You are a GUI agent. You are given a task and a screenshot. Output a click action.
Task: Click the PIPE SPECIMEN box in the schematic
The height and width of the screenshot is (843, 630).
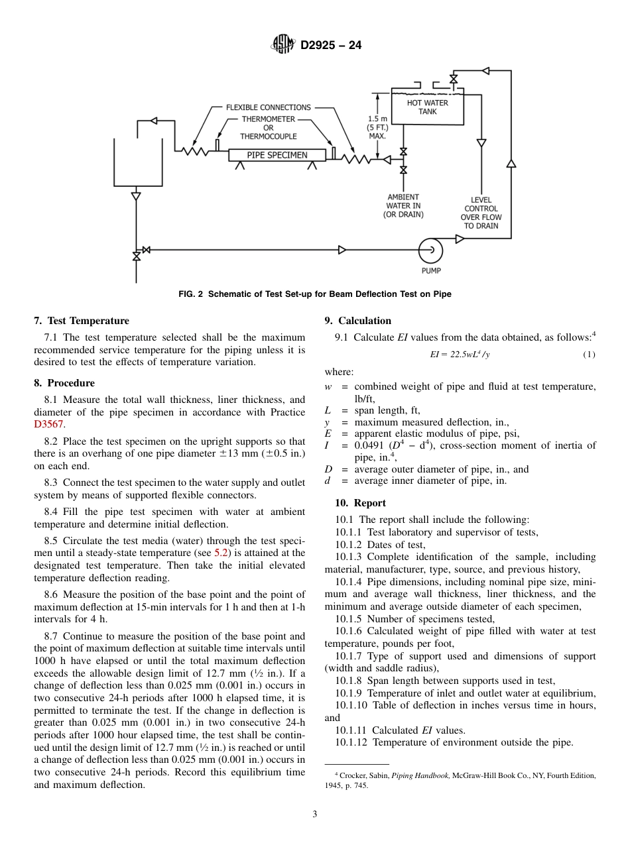[277, 155]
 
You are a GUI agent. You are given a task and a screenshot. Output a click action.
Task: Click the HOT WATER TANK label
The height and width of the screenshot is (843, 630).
[427, 107]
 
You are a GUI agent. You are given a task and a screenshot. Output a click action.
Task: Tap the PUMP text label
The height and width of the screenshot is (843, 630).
[431, 270]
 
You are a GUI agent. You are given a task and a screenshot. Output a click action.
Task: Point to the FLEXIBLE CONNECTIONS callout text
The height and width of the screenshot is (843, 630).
[268, 107]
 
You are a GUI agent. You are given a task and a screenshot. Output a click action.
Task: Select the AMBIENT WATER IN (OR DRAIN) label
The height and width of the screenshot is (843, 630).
[403, 205]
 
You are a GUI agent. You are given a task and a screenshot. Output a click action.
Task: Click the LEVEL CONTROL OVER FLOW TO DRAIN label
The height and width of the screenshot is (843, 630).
[481, 213]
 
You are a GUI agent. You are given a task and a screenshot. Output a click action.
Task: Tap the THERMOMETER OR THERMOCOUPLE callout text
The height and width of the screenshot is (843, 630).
[268, 128]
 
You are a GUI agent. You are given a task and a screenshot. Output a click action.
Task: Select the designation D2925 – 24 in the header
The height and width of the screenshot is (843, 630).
[331, 46]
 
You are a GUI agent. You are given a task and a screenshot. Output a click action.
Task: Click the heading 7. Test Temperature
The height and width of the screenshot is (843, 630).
[82, 321]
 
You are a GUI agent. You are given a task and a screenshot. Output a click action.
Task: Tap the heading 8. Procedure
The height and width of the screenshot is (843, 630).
[64, 383]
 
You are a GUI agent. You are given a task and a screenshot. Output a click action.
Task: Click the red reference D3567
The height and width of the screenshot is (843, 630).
[50, 424]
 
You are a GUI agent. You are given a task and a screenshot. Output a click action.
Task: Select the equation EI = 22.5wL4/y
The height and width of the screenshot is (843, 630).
[460, 355]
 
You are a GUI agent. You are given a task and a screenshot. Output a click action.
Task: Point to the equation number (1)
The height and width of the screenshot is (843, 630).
[589, 355]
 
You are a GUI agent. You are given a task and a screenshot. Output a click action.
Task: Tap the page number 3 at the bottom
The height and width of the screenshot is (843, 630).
[315, 814]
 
